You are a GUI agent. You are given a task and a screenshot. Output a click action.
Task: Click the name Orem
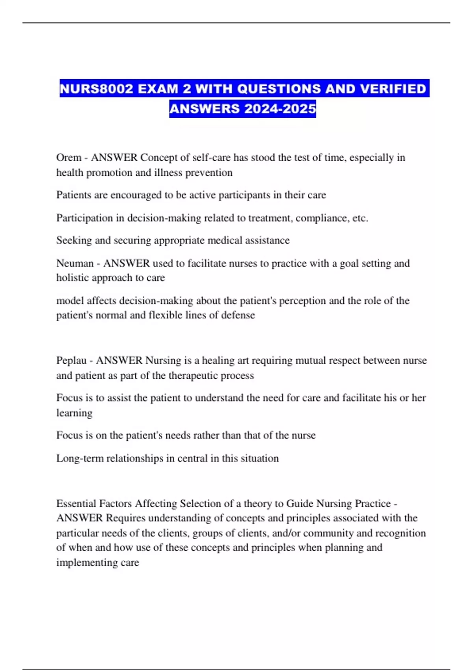(69, 158)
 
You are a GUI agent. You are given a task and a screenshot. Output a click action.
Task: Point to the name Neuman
(75, 263)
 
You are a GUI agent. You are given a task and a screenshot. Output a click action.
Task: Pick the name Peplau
(71, 361)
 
